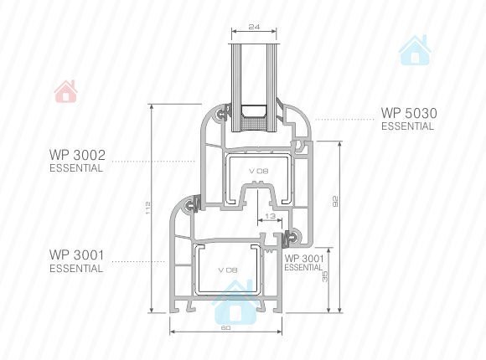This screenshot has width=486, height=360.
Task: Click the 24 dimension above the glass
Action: pos(254,27)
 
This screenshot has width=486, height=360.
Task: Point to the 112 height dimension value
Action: pos(147,208)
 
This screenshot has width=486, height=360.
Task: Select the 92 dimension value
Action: pos(334,202)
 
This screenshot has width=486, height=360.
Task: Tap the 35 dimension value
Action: pos(325,276)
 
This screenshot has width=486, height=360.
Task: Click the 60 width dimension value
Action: pos(226,327)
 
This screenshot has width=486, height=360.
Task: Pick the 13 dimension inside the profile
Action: pos(271,216)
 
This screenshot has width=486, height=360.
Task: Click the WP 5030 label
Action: pos(409,113)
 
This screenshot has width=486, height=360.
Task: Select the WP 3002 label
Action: pos(77,155)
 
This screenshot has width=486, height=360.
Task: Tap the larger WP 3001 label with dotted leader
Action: pos(77,255)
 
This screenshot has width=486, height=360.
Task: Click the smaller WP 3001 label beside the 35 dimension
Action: pos(304,259)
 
